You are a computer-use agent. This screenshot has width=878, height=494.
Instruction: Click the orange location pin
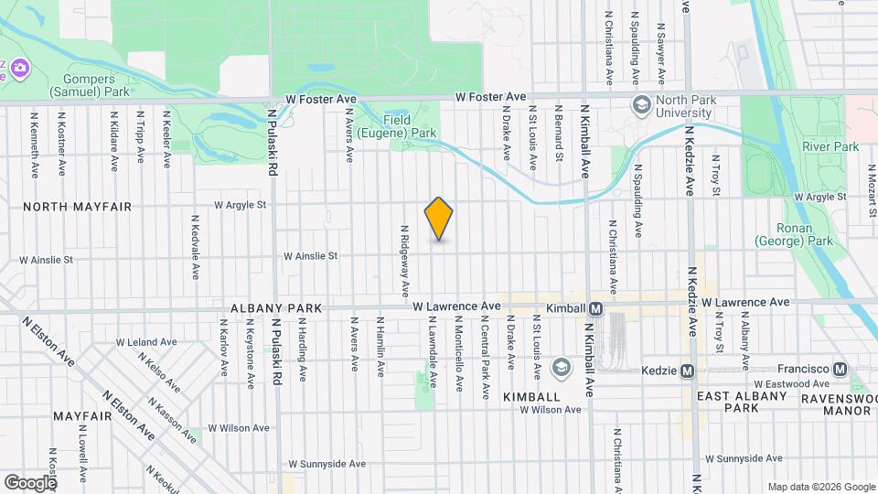coord(439,219)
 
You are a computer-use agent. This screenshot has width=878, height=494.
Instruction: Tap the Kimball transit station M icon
coord(594,309)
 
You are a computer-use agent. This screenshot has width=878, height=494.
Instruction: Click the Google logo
coord(29,482)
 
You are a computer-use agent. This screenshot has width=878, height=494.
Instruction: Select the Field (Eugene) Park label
coord(409,126)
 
